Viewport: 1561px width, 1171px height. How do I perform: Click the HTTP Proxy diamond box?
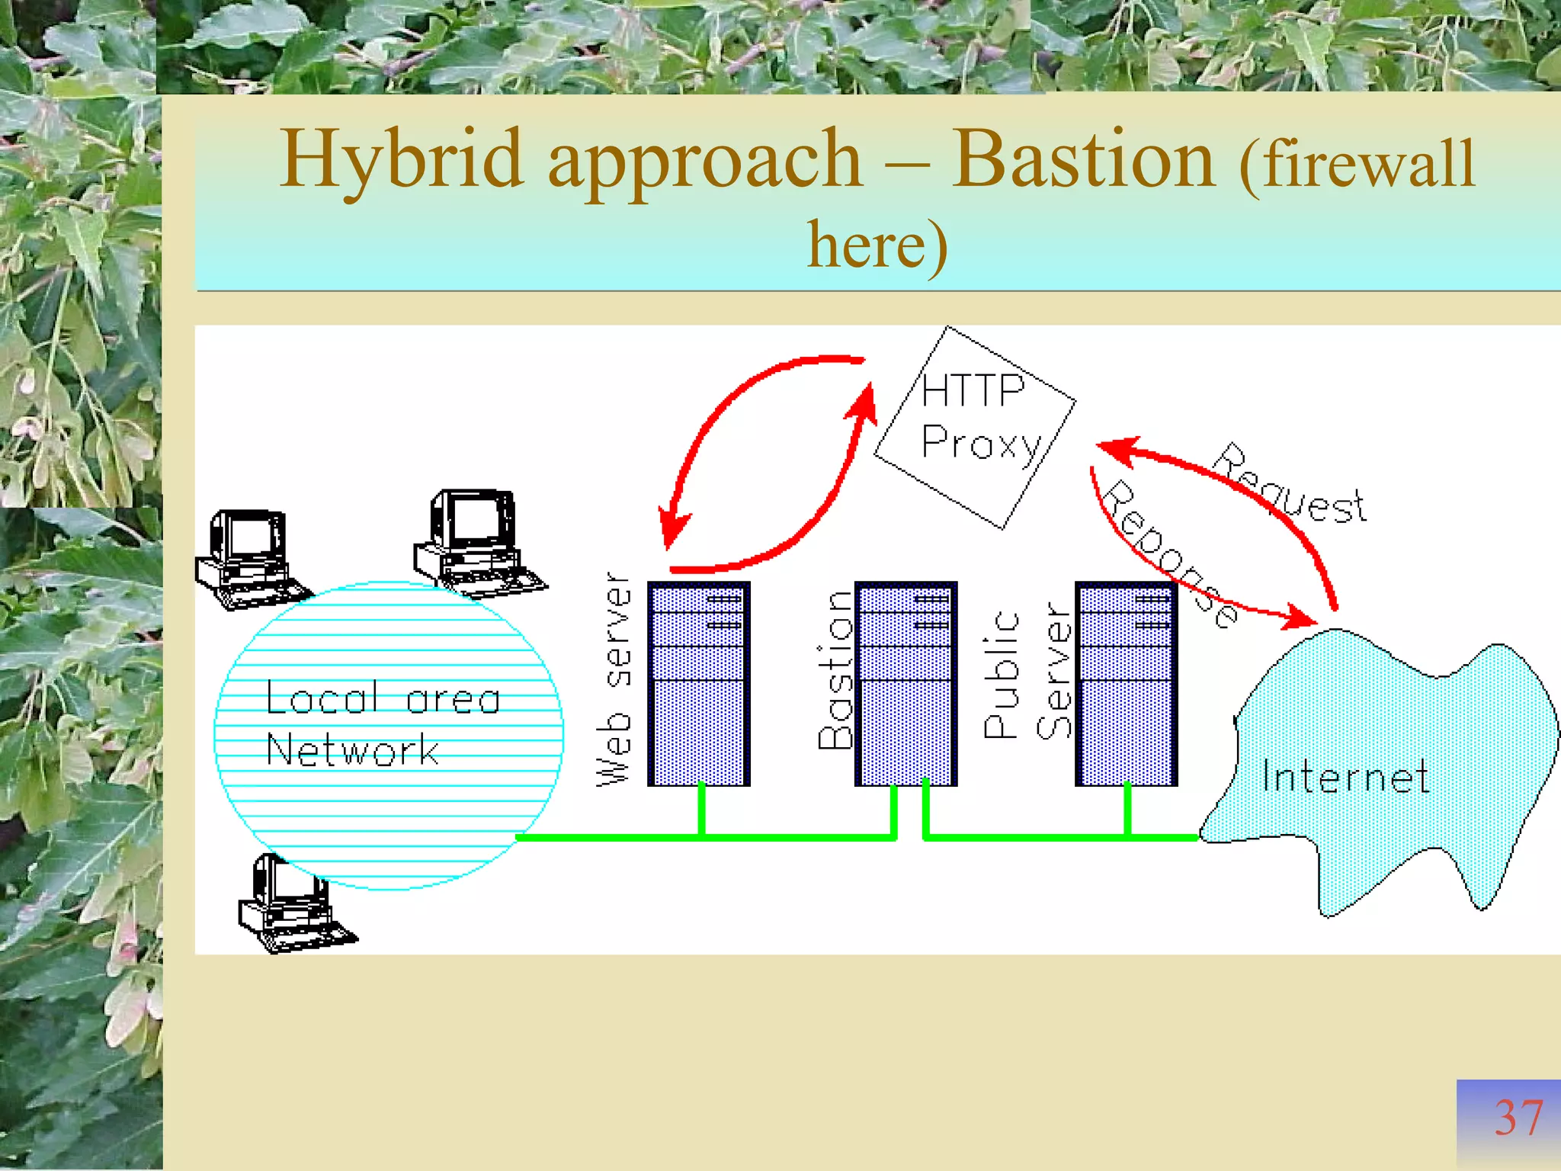[x=976, y=427]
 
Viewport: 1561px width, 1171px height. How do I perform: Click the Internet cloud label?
[x=1345, y=778]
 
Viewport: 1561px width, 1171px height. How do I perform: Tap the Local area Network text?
[x=381, y=724]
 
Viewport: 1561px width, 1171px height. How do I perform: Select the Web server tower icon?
[x=698, y=684]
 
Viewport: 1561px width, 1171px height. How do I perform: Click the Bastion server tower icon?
[x=906, y=684]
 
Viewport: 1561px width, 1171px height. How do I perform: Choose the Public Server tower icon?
[x=1126, y=684]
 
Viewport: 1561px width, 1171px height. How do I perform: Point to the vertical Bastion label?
[x=835, y=671]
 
